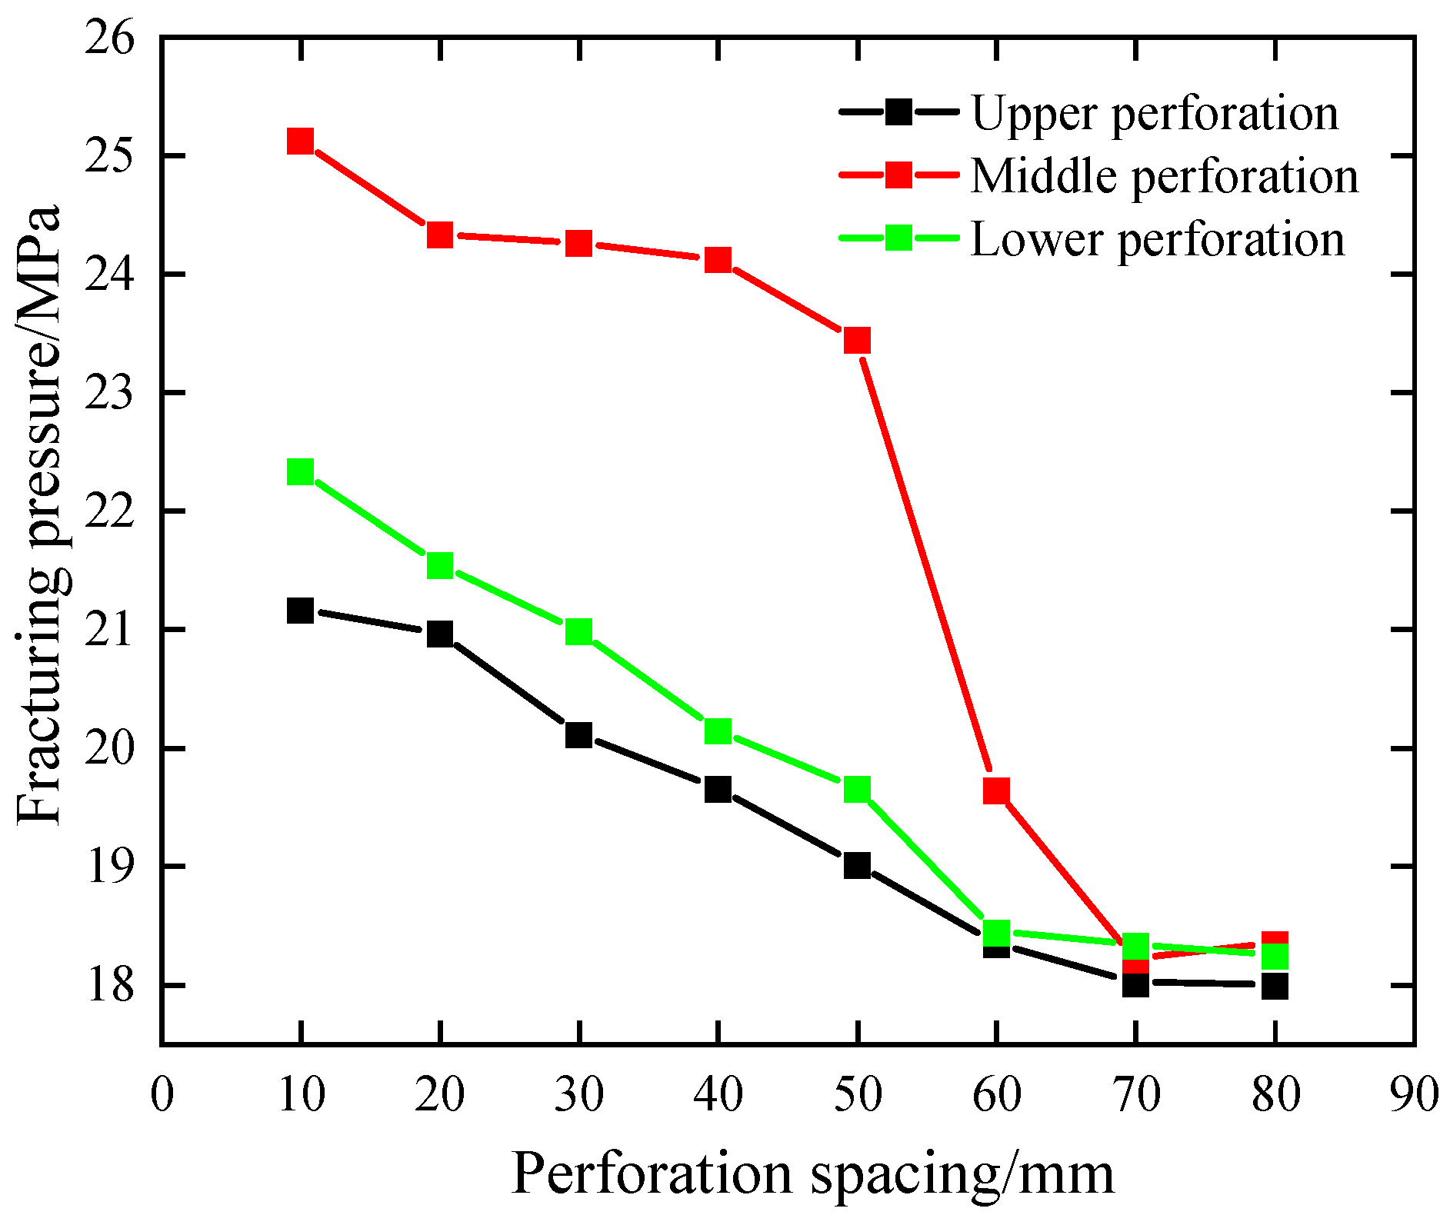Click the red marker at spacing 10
(300, 141)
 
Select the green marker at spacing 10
(300, 471)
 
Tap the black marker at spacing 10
(300, 611)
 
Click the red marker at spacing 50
(857, 340)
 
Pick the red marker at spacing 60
(996, 790)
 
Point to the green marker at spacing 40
(718, 731)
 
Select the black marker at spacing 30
(578, 735)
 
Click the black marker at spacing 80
(1275, 985)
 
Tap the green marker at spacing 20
(439, 566)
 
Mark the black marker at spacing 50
(857, 865)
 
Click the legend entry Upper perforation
(1155, 113)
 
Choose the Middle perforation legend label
(1165, 176)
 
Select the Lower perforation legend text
(1158, 239)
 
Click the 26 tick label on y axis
(110, 38)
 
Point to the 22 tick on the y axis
(110, 511)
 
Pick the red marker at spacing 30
(578, 244)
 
